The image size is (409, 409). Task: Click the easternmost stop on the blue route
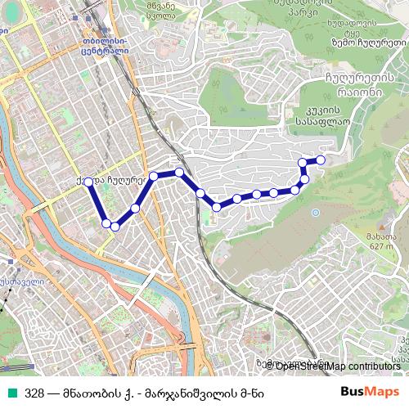click(x=321, y=160)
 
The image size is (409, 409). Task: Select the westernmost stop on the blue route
click(x=88, y=182)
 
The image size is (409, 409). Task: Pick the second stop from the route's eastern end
click(x=303, y=163)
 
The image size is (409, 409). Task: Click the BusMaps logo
click(x=369, y=391)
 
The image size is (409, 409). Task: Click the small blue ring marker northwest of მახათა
click(x=316, y=213)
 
